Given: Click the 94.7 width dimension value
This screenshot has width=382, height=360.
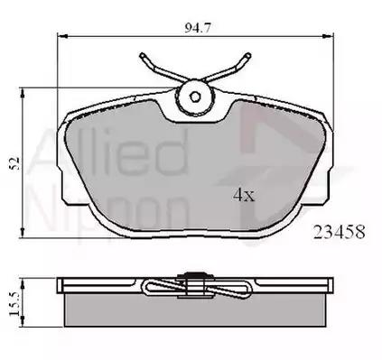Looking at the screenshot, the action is tap(198, 28).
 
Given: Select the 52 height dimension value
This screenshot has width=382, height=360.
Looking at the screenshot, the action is tap(14, 163).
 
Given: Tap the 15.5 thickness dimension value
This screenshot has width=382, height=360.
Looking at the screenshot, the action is tap(14, 303).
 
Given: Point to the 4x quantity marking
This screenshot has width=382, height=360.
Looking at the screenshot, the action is tap(244, 195).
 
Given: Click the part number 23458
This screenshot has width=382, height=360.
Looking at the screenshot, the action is tap(340, 232).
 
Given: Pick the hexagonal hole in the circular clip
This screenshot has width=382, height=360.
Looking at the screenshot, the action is tap(195, 97).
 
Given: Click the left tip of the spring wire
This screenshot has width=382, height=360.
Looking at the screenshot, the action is tap(142, 55).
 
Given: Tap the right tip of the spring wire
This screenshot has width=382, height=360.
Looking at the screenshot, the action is tap(248, 55).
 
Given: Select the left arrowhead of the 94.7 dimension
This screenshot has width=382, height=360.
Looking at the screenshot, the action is tap(62, 36).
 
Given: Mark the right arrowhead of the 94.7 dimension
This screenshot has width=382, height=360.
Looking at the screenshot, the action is tap(329, 36).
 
